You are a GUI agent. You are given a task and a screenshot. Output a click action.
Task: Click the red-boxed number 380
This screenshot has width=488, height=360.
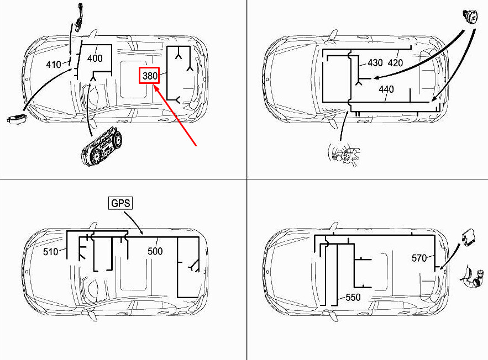tap(149, 76)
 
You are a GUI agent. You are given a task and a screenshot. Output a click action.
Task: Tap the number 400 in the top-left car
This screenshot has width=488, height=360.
tap(95, 58)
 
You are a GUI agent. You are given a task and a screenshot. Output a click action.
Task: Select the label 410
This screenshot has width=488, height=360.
tap(54, 65)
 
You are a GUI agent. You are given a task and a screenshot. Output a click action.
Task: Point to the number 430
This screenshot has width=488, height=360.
tap(375, 63)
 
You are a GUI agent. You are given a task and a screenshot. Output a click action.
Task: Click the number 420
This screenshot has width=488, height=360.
tap(395, 63)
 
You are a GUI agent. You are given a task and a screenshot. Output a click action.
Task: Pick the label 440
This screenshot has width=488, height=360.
tap(386, 89)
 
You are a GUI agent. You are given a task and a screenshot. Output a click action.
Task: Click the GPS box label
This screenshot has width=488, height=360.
tap(120, 203)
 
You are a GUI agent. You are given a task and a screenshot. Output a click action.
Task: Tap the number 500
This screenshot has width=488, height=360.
tap(155, 251)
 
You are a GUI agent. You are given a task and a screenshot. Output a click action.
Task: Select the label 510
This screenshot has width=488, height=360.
tap(51, 251)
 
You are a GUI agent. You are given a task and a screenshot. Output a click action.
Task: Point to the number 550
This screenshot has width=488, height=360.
tap(353, 298)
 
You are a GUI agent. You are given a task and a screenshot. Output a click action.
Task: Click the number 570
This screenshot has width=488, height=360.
tap(419, 258)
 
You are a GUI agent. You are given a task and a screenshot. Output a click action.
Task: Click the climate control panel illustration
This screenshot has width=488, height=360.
tap(101, 149)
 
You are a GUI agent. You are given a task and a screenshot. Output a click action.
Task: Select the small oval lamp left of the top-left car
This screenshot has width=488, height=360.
tap(17, 119)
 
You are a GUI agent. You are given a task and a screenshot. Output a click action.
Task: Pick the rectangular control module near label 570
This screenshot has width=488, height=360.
tap(469, 237)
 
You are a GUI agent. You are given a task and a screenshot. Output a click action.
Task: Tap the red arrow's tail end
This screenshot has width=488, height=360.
tap(196, 145)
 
